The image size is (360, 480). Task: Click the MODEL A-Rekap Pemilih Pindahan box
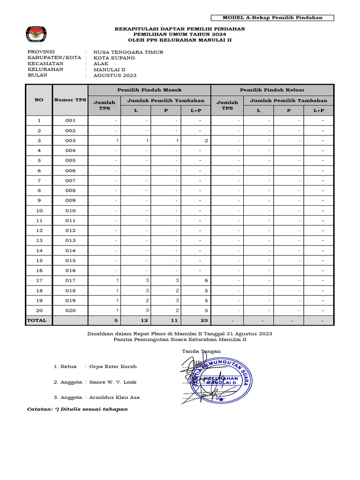(x=272, y=18)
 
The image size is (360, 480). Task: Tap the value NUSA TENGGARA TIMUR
(x=128, y=52)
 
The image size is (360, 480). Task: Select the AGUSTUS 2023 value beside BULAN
(x=115, y=75)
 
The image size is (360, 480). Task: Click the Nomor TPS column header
(x=70, y=99)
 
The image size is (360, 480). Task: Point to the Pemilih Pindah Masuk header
(x=149, y=90)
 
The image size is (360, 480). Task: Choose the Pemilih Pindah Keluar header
(x=272, y=90)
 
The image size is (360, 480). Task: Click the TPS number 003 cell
(x=70, y=141)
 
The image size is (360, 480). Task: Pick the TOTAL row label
(x=37, y=320)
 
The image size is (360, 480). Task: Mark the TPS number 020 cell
(x=70, y=310)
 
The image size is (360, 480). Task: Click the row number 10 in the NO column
(x=39, y=210)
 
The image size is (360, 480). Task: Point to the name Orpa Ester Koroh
(x=112, y=367)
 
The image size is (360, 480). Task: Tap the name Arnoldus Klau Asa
(x=114, y=397)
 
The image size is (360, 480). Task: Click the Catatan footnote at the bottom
(x=77, y=409)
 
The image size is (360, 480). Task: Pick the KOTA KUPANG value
(x=114, y=58)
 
